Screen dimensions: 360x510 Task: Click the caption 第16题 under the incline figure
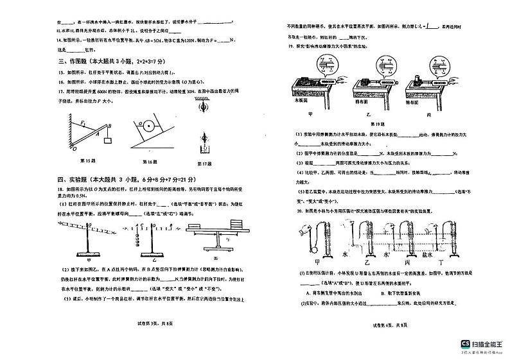click(x=152, y=160)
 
